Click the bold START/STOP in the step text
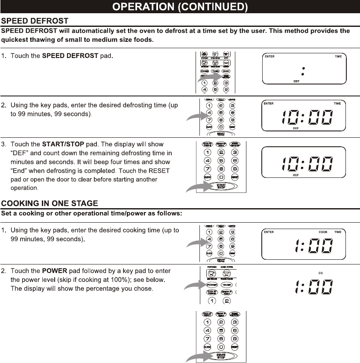pos(63,145)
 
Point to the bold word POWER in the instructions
pos(55,271)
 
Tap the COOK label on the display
pos(323,232)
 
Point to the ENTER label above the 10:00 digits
pos(269,104)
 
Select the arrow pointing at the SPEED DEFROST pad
pos(207,78)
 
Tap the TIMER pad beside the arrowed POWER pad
pos(226,285)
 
